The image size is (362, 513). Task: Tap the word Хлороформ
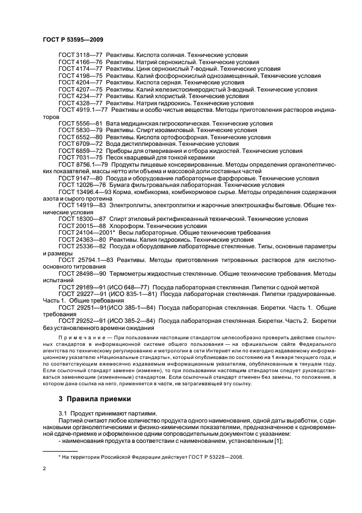pos(127,225)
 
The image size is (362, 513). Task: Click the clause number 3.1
pos(62,412)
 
